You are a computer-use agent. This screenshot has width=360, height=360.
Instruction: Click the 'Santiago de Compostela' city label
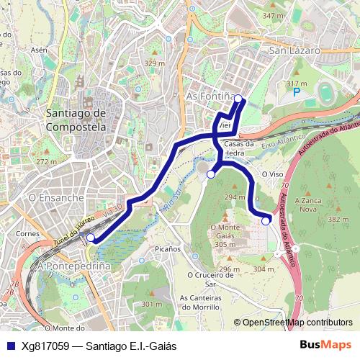(x=75, y=120)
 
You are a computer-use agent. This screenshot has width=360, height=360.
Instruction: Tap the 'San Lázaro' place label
(x=294, y=51)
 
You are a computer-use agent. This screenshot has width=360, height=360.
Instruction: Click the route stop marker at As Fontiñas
(x=238, y=100)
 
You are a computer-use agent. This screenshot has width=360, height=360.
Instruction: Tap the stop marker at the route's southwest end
(x=90, y=237)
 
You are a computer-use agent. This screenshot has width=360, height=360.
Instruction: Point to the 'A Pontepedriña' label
(x=74, y=266)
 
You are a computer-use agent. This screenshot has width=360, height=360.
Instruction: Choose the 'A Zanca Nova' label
(x=308, y=204)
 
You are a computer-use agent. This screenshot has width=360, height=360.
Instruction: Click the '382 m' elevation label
(x=338, y=219)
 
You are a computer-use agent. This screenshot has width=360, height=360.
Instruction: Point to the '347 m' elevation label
(x=273, y=15)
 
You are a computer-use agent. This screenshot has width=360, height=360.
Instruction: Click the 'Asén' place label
(x=39, y=50)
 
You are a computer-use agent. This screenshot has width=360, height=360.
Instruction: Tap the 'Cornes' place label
(x=27, y=233)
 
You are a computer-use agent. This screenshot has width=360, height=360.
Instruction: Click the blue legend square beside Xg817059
(x=9, y=346)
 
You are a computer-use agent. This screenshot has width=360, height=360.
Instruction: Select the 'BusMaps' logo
(x=325, y=345)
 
